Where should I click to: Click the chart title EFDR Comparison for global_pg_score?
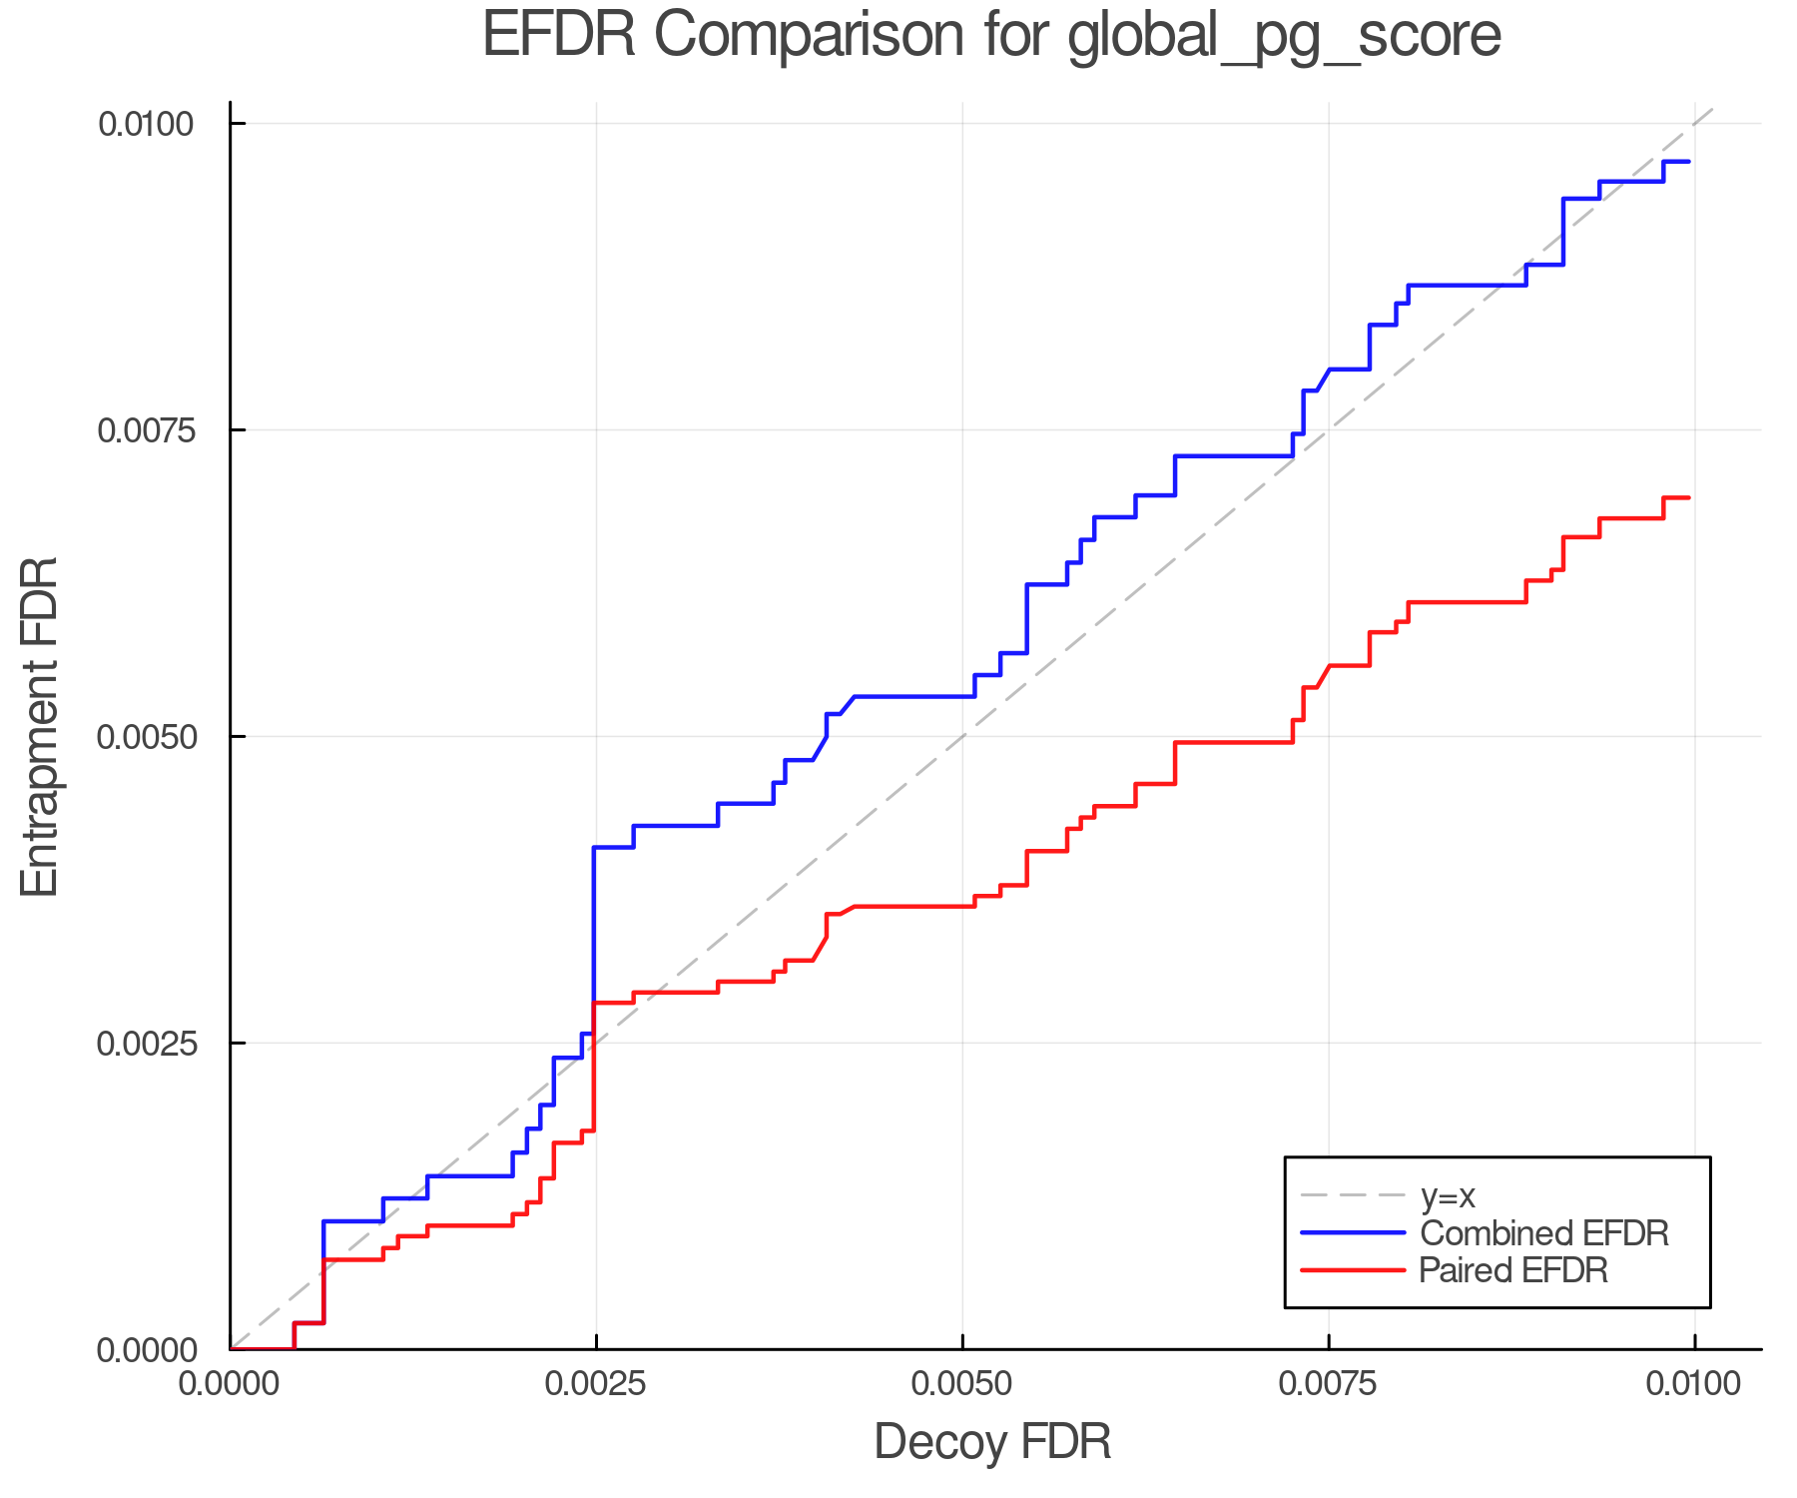click(x=991, y=36)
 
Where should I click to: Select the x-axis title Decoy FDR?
click(x=992, y=1442)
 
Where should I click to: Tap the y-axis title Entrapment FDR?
click(x=41, y=726)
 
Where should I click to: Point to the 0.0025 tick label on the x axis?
click(x=596, y=1384)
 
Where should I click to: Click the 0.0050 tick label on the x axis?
click(x=962, y=1384)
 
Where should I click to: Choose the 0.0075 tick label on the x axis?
click(x=1328, y=1384)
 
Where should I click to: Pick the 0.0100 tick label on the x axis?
click(x=1694, y=1384)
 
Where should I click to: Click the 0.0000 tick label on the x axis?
click(x=231, y=1384)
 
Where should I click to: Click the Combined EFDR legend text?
click(x=1543, y=1233)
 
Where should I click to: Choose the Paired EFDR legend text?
click(x=1513, y=1270)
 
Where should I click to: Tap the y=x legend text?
click(x=1448, y=1195)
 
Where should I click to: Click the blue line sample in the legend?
click(x=1353, y=1233)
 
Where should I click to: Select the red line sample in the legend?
click(x=1353, y=1270)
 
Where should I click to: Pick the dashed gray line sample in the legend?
click(x=1353, y=1195)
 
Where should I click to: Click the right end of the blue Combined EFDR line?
click(x=1688, y=162)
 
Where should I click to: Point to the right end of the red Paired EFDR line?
click(x=1688, y=497)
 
